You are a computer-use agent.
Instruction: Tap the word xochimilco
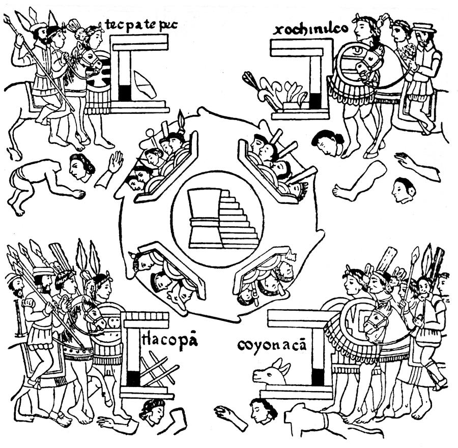coord(311,29)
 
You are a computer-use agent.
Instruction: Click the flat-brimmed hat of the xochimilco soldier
coord(424,27)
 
